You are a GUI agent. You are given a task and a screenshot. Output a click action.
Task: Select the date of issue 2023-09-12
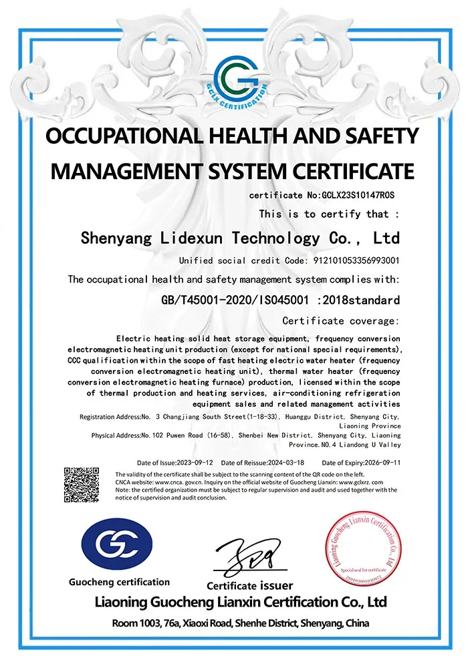[195, 462]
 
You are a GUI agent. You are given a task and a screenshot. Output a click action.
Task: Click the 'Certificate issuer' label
[249, 586]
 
